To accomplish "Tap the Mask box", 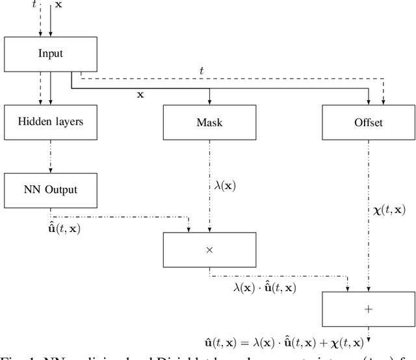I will pos(209,122).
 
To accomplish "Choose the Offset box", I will pos(369,122).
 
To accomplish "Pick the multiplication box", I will pos(209,250).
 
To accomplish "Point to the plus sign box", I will pos(369,309).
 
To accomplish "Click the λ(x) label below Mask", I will pos(225,185).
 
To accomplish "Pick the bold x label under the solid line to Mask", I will pos(140,94).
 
